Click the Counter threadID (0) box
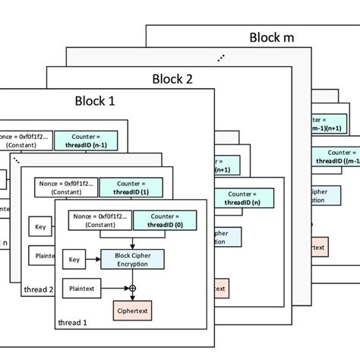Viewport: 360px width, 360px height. [x=165, y=221]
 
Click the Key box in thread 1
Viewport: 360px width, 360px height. [x=73, y=260]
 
